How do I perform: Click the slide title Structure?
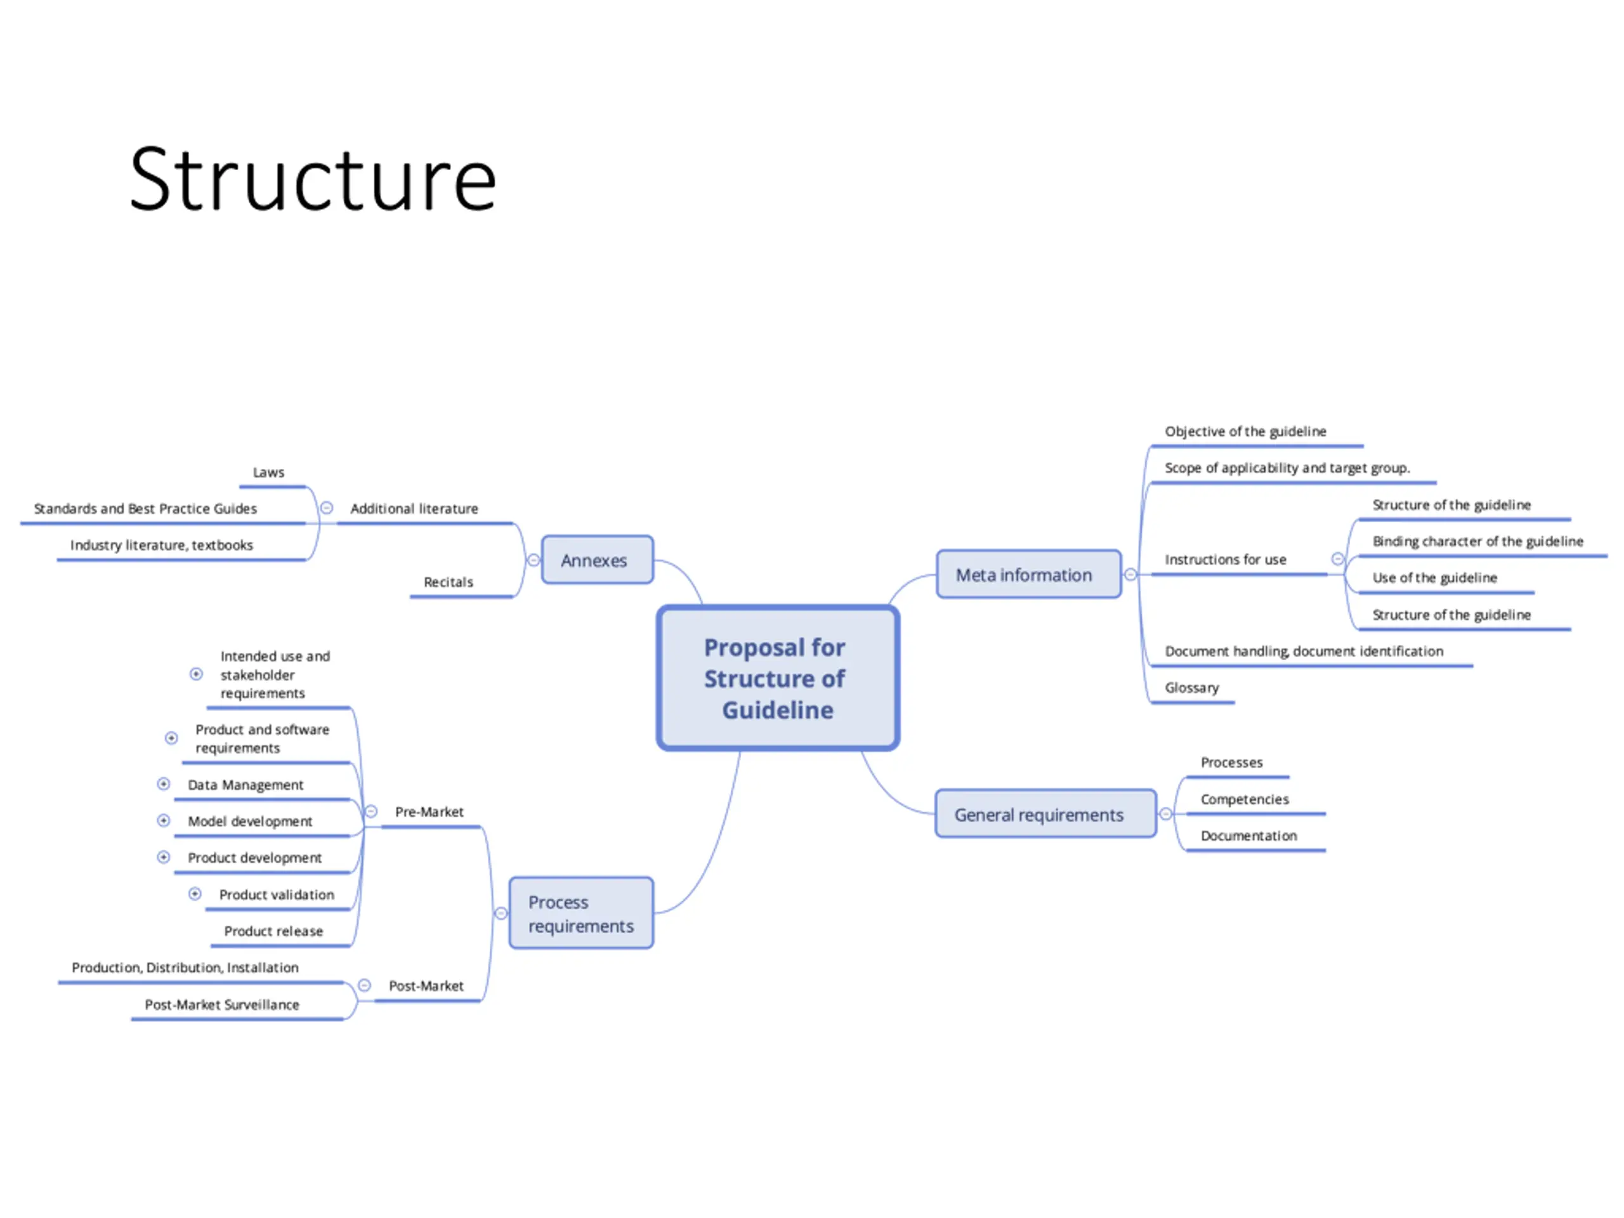coord(313,180)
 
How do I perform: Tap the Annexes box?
coord(597,560)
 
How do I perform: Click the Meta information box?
coord(1028,575)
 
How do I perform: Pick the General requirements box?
coord(1044,814)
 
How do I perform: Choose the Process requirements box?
coord(580,913)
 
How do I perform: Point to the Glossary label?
coord(1191,688)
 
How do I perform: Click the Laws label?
coord(269,473)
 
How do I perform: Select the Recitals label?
coord(448,582)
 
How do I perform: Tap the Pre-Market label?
coord(429,812)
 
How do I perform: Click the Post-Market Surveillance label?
coord(222,1004)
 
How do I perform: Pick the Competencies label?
coord(1245,799)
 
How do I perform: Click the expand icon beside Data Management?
coord(164,784)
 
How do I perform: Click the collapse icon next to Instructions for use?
coord(1338,560)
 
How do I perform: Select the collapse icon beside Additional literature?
coord(327,508)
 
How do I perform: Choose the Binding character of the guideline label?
coord(1477,542)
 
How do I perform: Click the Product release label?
coord(273,931)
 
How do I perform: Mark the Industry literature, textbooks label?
coord(162,546)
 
